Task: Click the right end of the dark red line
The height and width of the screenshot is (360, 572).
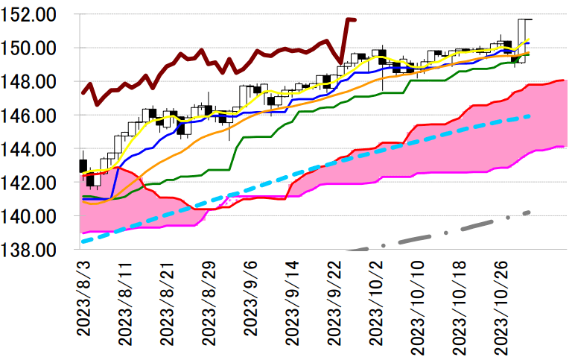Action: click(x=355, y=19)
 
